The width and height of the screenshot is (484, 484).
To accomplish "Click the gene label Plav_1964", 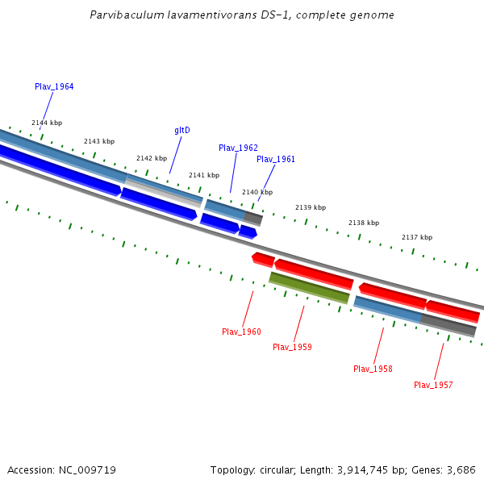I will (x=54, y=86).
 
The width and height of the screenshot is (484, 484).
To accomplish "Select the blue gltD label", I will (x=182, y=130).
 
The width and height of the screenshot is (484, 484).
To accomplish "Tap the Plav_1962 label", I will (x=238, y=148).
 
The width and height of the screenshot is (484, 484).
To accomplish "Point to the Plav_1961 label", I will (x=276, y=159).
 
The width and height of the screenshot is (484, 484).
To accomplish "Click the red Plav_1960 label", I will (x=241, y=332).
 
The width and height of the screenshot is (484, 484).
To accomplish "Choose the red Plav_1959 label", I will (x=292, y=347).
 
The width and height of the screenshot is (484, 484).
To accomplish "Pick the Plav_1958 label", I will (x=373, y=369).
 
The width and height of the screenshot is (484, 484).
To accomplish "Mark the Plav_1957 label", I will (x=433, y=385).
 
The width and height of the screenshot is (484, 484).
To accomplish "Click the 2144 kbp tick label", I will (x=47, y=123).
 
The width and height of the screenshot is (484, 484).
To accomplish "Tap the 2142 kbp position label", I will (x=152, y=158).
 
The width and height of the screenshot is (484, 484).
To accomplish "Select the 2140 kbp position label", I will (x=257, y=192).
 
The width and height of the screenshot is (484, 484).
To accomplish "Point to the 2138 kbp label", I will (x=364, y=223).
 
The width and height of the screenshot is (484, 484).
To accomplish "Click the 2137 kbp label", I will (x=417, y=237).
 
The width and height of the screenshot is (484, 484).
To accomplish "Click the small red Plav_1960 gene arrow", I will (x=263, y=259).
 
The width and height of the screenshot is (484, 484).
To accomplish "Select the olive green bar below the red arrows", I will (x=309, y=288).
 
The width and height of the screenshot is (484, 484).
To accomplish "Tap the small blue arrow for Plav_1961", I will (x=248, y=232).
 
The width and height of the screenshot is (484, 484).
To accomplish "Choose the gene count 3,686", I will (x=460, y=469).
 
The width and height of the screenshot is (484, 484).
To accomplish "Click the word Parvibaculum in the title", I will (x=119, y=15).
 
